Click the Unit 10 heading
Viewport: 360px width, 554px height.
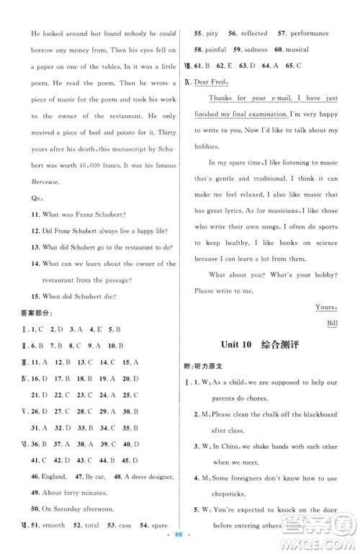(238, 345)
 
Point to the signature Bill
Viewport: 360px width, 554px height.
(331, 322)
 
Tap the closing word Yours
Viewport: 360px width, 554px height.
(326, 306)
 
